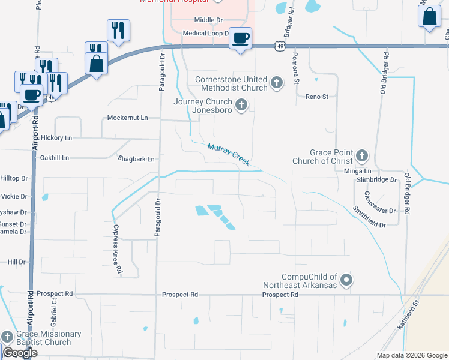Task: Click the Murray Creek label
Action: click(x=229, y=154)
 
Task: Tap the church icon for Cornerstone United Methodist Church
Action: click(x=276, y=82)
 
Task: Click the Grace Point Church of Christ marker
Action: click(x=361, y=157)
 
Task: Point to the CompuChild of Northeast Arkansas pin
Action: click(x=346, y=280)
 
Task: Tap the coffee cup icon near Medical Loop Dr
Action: click(x=241, y=38)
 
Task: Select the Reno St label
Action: click(x=317, y=97)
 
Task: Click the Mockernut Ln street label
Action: click(x=127, y=118)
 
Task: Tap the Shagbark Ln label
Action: click(x=136, y=159)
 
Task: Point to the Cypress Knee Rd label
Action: click(x=117, y=250)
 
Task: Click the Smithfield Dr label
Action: click(x=369, y=216)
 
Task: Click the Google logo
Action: click(x=20, y=353)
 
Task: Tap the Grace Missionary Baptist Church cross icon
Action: click(x=7, y=337)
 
